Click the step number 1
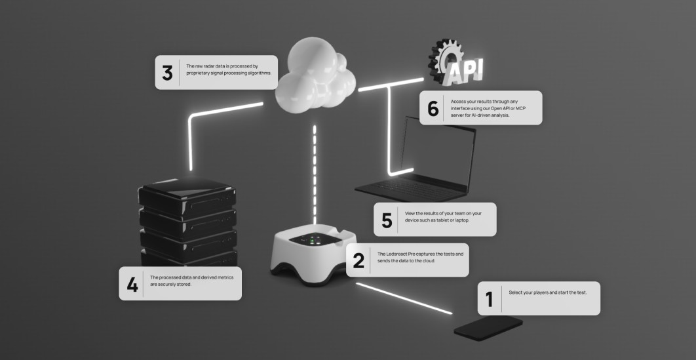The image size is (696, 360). point(490,298)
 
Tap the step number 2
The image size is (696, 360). point(358,260)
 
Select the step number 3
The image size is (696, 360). point(167,73)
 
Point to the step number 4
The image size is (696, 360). point(132,284)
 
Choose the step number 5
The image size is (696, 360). point(387,220)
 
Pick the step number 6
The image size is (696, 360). point(433,108)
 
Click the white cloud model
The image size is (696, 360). point(313,75)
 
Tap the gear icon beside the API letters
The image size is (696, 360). point(443,57)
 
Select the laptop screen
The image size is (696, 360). point(436,148)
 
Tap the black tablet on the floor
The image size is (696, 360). point(488,328)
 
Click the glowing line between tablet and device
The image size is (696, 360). point(403,298)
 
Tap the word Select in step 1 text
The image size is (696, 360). point(516,292)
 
